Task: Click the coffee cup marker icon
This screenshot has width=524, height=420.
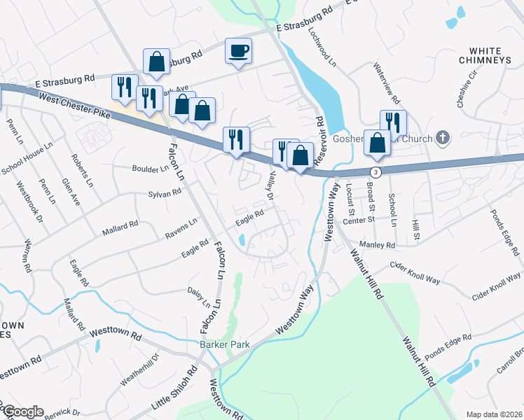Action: coord(238,50)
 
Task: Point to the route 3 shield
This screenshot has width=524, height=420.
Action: coord(377,171)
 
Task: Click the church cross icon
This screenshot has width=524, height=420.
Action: coord(442,138)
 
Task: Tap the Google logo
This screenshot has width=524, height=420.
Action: coord(22,412)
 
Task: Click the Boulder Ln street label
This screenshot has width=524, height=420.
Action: coord(151,169)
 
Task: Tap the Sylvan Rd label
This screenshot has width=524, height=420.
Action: coord(165,194)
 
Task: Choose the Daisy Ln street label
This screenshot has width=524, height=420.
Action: coord(198,297)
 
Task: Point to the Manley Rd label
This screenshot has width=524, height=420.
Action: coord(378,245)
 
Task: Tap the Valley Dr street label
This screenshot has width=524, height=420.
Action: coord(266,187)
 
